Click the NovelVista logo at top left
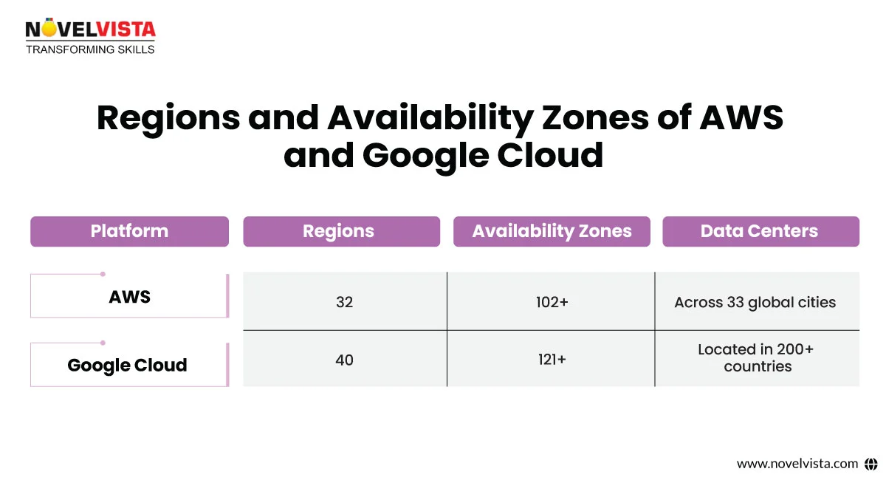[x=90, y=30]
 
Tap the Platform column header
[x=129, y=231]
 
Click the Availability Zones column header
[x=552, y=231]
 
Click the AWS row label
[x=129, y=297]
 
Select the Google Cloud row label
[x=127, y=365]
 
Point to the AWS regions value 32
[x=344, y=302]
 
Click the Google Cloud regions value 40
[x=344, y=360]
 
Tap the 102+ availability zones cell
[x=552, y=302]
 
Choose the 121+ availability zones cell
[x=552, y=360]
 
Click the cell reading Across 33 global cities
[x=755, y=302]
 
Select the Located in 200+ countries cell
[x=756, y=357]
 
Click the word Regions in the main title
[x=168, y=117]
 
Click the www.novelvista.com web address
[x=797, y=464]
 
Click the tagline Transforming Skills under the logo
[x=90, y=49]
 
